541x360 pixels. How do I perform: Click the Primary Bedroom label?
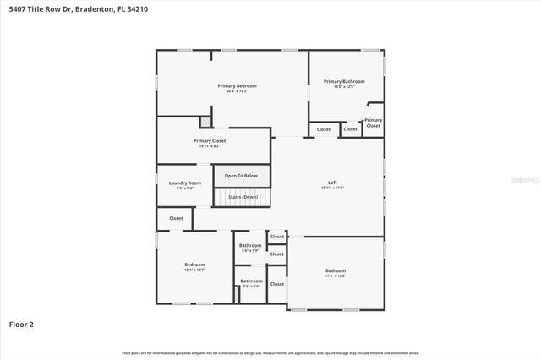(x=237, y=86)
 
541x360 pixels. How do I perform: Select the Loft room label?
(x=333, y=183)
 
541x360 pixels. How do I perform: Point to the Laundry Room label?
(x=184, y=183)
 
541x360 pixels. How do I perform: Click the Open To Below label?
(x=241, y=176)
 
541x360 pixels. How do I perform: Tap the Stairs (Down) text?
(x=243, y=197)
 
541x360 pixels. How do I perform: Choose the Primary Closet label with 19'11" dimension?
(x=210, y=141)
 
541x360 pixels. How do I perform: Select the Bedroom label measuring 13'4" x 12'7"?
(x=194, y=265)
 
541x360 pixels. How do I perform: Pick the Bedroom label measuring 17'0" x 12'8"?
(x=336, y=270)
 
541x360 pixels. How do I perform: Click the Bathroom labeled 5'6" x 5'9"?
(x=250, y=246)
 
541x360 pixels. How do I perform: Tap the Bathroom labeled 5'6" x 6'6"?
(x=252, y=281)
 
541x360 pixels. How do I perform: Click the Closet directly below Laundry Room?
(x=176, y=218)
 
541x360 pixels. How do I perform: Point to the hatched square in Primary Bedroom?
(x=204, y=122)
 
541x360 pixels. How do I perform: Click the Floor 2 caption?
(x=21, y=324)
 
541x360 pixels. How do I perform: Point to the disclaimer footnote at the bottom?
(x=270, y=352)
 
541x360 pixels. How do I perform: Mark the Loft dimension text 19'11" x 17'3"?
(x=333, y=187)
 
